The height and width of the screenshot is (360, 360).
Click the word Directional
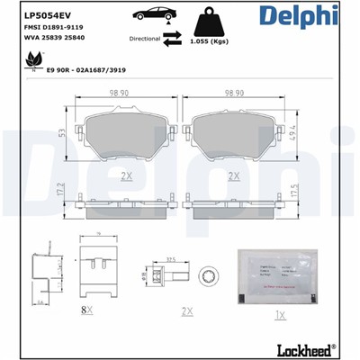pyautogui.click(x=144, y=40)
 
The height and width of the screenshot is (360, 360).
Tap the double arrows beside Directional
pyautogui.click(x=173, y=39)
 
